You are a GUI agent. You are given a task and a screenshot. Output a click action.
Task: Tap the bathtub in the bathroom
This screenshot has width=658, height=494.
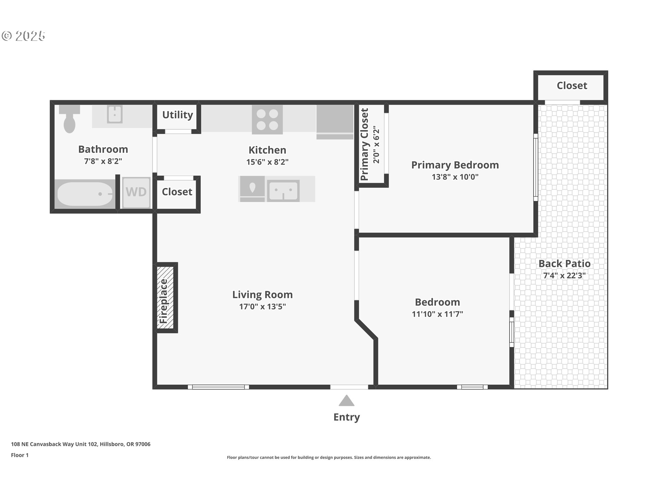click(x=85, y=194)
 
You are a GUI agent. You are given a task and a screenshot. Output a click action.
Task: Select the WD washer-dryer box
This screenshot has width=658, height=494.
click(x=136, y=192)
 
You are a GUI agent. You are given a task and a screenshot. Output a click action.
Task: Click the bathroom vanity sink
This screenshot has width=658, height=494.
click(x=114, y=114)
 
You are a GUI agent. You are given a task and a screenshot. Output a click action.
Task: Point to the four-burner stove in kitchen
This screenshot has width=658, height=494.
click(x=267, y=119)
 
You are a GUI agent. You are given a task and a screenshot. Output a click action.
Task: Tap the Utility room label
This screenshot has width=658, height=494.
click(x=178, y=115)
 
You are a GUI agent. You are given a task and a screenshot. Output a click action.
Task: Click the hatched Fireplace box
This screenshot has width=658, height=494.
click(x=165, y=298)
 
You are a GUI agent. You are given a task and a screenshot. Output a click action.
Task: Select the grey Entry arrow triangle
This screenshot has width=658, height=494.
click(x=346, y=401)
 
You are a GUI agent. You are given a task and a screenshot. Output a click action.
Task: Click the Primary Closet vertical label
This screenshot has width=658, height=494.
click(x=364, y=144)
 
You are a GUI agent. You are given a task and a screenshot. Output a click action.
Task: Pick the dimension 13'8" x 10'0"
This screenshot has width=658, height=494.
click(x=455, y=177)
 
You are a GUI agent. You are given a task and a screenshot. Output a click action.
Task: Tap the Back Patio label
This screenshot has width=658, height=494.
click(x=564, y=263)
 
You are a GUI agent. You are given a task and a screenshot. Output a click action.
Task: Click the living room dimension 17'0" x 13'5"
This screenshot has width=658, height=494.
click(x=262, y=306)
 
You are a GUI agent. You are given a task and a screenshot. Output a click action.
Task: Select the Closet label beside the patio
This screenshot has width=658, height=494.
click(x=572, y=85)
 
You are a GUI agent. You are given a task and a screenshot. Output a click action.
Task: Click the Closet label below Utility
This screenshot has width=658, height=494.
click(x=177, y=192)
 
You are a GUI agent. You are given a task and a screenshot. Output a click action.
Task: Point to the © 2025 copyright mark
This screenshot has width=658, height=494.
click(x=23, y=36)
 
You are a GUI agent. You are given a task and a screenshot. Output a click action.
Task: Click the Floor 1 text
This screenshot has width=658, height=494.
click(x=20, y=455)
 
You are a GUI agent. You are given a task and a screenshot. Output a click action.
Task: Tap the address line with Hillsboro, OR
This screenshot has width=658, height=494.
click(x=81, y=444)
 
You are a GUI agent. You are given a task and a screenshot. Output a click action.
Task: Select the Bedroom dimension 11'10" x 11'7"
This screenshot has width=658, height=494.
click(x=437, y=314)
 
